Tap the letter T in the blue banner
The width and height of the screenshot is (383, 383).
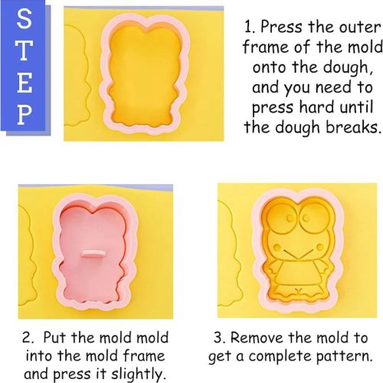coord(25,51)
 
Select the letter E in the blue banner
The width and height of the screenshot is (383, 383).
coord(25,83)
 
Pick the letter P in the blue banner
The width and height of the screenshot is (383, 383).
coord(25,115)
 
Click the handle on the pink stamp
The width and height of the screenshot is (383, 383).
coord(93,254)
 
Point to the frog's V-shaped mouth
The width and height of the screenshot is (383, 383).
coord(297,255)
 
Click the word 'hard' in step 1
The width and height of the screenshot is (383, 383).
coord(316,106)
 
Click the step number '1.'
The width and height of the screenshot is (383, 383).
coord(249,27)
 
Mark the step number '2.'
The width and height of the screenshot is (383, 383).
coord(28,338)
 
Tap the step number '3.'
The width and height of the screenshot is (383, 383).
coord(219,338)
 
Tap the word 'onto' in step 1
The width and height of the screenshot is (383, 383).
coord(269,67)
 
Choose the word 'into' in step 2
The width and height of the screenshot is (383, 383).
coord(39,355)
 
